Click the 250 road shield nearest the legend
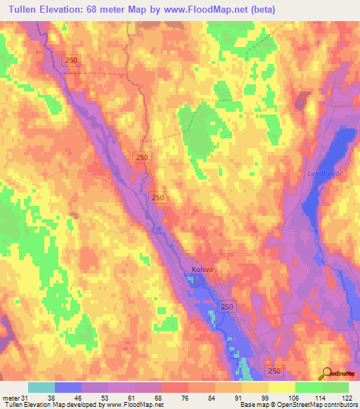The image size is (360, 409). tap(275, 369)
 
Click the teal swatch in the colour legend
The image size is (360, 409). tap(41, 387)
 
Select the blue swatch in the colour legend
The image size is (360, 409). tap(68, 387)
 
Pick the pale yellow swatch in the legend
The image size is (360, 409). tap(282, 387)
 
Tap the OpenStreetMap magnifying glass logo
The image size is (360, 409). tap(326, 373)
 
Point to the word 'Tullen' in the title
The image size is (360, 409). tap(22, 10)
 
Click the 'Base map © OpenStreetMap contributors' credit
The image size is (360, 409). tap(297, 405)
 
